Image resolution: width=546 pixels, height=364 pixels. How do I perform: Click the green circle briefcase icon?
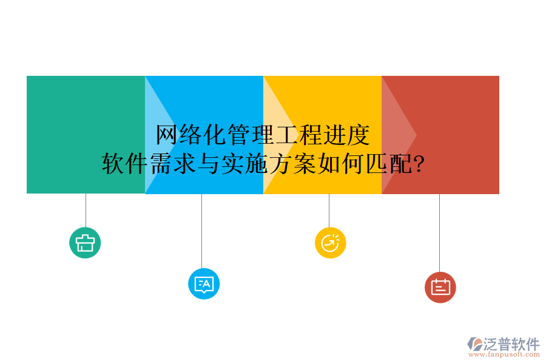[x=85, y=243]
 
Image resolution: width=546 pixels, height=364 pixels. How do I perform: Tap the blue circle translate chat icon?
[x=204, y=283]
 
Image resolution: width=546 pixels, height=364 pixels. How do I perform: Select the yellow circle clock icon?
[x=330, y=243]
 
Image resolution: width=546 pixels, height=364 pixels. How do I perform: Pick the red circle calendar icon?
[x=440, y=287]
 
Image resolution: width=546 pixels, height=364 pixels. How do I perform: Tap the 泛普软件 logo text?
[x=511, y=344]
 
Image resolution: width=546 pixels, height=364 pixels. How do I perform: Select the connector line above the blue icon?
[x=201, y=231]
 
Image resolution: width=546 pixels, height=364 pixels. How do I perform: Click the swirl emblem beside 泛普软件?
[x=474, y=345]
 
